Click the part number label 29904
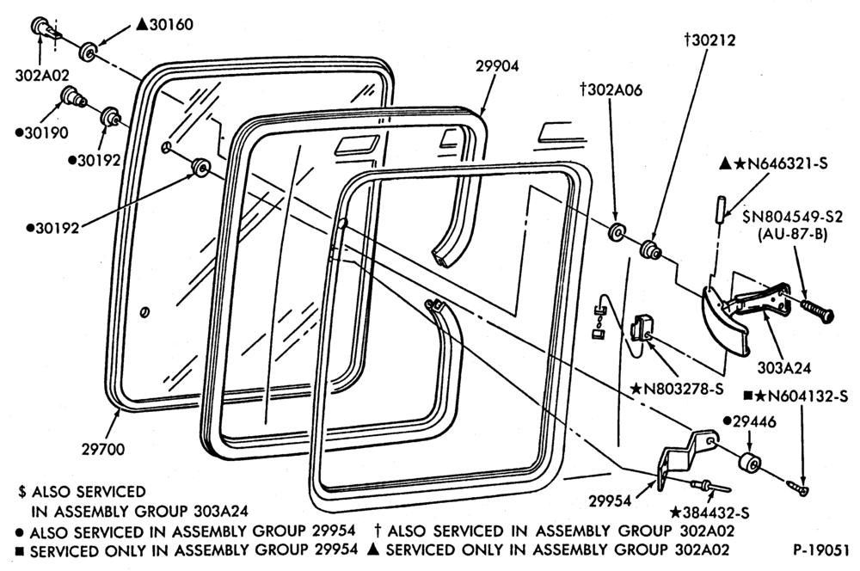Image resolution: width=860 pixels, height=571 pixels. pos(497,66)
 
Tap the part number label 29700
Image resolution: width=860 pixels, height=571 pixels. pos(103,449)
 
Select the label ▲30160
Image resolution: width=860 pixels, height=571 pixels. pos(164,25)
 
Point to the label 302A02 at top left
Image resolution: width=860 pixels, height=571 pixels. pos(42,75)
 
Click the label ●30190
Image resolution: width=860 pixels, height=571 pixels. pos(41,132)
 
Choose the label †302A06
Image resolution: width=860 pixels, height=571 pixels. pos(611,89)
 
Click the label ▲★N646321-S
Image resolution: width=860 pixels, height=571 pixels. pos(773,163)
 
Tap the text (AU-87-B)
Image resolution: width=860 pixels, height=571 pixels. pos(792,234)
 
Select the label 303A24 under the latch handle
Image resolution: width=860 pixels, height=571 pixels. pos(783,367)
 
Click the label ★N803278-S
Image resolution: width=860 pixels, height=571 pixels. pos(677,389)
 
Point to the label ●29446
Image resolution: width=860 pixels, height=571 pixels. pos(749,421)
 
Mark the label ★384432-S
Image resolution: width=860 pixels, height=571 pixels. pos(709,513)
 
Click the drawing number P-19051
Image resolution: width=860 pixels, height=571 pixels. pos(820,550)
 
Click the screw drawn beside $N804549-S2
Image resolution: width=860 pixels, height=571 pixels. pos(817,310)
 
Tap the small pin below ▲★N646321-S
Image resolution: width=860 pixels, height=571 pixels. pos(720,209)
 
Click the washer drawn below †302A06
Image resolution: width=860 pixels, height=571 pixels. pos(617,231)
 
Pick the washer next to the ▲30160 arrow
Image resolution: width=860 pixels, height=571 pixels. pos(88,51)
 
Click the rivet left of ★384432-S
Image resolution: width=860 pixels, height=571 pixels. pos(711,486)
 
